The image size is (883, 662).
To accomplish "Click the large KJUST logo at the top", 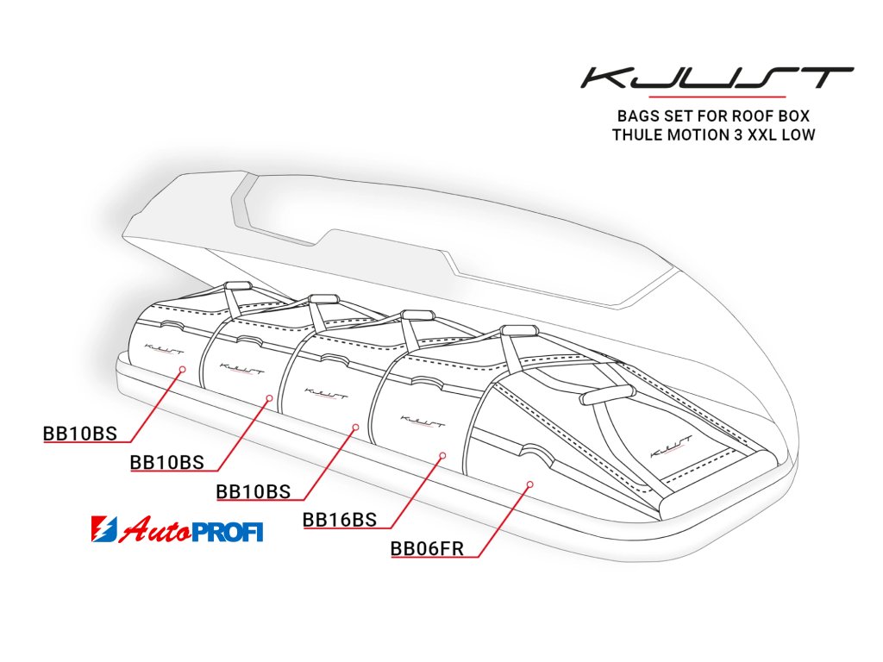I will click(717, 78).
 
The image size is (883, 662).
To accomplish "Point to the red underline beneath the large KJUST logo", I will click(717, 97).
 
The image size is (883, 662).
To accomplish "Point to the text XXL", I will click(762, 134).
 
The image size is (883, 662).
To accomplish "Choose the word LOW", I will click(800, 134).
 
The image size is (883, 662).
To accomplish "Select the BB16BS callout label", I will click(340, 520).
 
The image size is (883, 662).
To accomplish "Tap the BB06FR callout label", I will click(428, 548).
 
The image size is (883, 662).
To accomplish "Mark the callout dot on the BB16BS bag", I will click(441, 454).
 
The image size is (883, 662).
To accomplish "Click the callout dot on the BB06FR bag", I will click(530, 484).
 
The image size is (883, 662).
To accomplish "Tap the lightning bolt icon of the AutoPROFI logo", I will click(103, 530).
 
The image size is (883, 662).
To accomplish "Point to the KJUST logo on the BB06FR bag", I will click(667, 450).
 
